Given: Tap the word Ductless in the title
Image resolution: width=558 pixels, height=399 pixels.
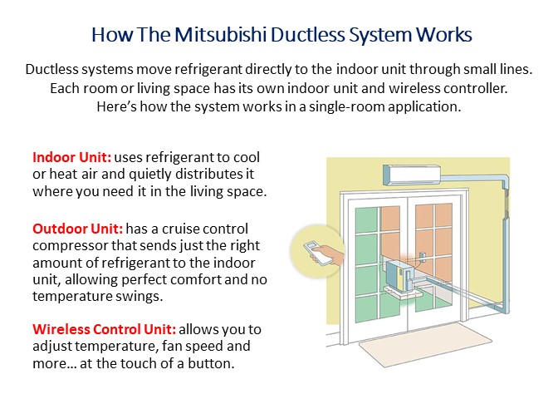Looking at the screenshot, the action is pyautogui.click(x=308, y=35).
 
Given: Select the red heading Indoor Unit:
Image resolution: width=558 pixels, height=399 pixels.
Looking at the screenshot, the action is pyautogui.click(x=72, y=157).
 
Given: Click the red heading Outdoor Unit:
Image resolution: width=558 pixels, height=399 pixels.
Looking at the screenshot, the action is pyautogui.click(x=77, y=229).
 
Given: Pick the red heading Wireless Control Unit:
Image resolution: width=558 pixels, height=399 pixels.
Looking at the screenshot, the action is pyautogui.click(x=105, y=329).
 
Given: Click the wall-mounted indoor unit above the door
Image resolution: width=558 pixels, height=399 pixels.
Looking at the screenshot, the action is pyautogui.click(x=412, y=175).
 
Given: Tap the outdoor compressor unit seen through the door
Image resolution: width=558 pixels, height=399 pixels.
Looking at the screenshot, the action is pyautogui.click(x=401, y=274).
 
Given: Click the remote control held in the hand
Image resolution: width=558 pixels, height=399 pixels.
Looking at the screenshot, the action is pyautogui.click(x=318, y=254).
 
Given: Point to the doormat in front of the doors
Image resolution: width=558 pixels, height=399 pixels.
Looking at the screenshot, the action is pyautogui.click(x=425, y=342).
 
